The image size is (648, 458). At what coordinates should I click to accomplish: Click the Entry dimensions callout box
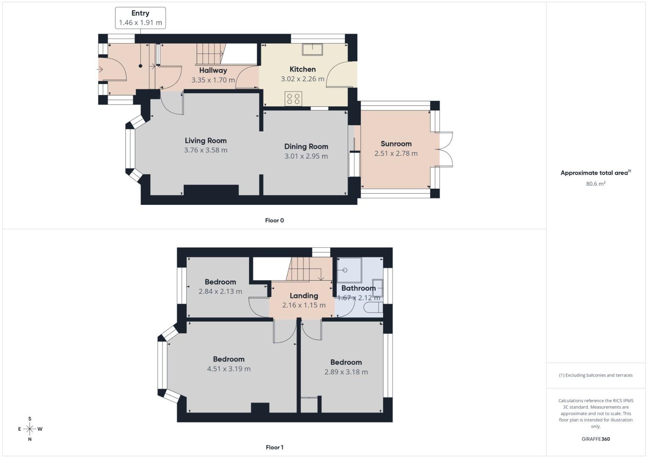pyautogui.click(x=140, y=18)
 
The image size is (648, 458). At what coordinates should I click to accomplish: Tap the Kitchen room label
pyautogui.click(x=303, y=69)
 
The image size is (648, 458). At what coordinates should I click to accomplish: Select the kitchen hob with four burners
pyautogui.click(x=293, y=99)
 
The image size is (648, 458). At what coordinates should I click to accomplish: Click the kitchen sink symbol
pyautogui.click(x=312, y=49)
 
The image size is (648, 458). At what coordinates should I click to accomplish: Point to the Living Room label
pyautogui.click(x=206, y=140)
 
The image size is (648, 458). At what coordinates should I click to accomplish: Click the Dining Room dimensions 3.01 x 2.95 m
pyautogui.click(x=306, y=156)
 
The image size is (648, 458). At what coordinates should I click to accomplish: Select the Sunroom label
pyautogui.click(x=396, y=144)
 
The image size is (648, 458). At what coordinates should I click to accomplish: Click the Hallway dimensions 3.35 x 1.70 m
pyautogui.click(x=213, y=80)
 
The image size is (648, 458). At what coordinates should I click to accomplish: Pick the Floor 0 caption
pyautogui.click(x=274, y=220)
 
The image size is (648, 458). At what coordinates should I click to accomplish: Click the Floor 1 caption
pyautogui.click(x=274, y=447)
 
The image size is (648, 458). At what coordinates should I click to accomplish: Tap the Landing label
pyautogui.click(x=304, y=296)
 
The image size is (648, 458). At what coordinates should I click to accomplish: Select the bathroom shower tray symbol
pyautogui.click(x=349, y=270)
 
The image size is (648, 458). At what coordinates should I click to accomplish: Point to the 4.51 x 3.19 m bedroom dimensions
pyautogui.click(x=229, y=369)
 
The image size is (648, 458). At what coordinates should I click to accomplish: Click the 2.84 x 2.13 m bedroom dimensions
pyautogui.click(x=220, y=291)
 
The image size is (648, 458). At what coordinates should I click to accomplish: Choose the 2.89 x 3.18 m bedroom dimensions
pyautogui.click(x=346, y=372)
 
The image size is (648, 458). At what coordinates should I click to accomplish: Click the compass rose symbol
pyautogui.click(x=30, y=429)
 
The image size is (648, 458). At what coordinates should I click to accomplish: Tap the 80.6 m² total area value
pyautogui.click(x=595, y=184)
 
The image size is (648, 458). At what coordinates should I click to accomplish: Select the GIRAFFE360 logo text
pyautogui.click(x=595, y=439)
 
